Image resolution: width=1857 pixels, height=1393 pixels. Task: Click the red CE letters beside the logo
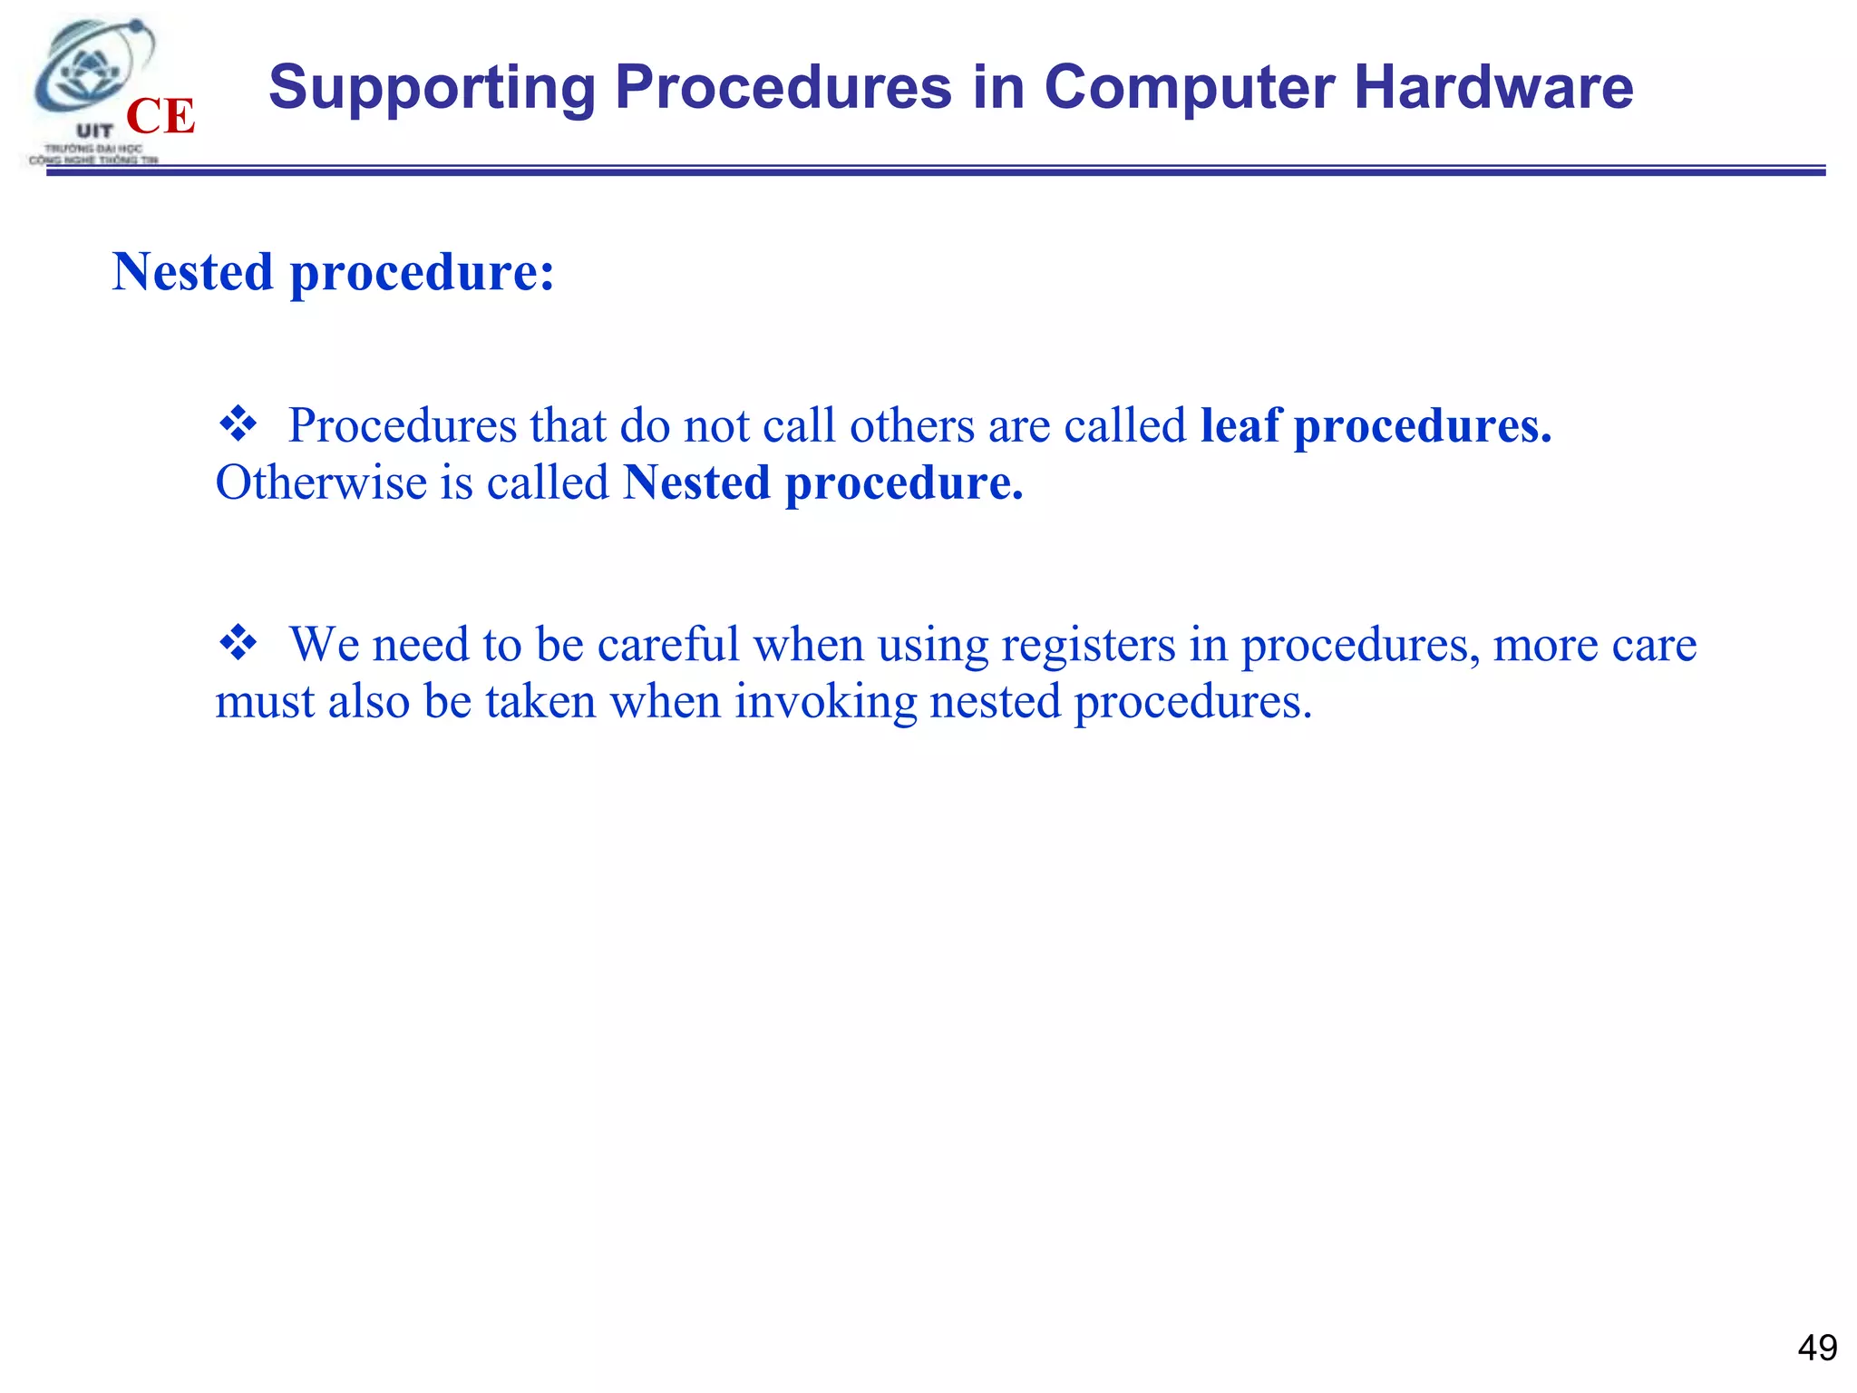[160, 116]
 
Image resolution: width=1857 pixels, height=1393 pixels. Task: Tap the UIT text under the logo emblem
[94, 132]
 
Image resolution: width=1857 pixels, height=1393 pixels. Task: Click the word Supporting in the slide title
[432, 89]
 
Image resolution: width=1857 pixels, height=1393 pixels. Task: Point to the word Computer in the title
[1189, 89]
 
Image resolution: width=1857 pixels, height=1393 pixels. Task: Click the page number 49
[1816, 1348]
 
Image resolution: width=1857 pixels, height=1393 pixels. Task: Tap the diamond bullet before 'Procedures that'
[238, 424]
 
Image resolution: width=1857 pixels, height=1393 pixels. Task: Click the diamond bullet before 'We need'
[238, 643]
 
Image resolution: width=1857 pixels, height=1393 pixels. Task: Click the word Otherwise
[321, 482]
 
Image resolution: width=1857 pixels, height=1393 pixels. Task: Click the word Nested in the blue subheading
[192, 271]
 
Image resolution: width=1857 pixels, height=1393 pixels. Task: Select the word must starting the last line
[265, 702]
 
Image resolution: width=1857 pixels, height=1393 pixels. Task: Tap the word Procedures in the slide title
[783, 87]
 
